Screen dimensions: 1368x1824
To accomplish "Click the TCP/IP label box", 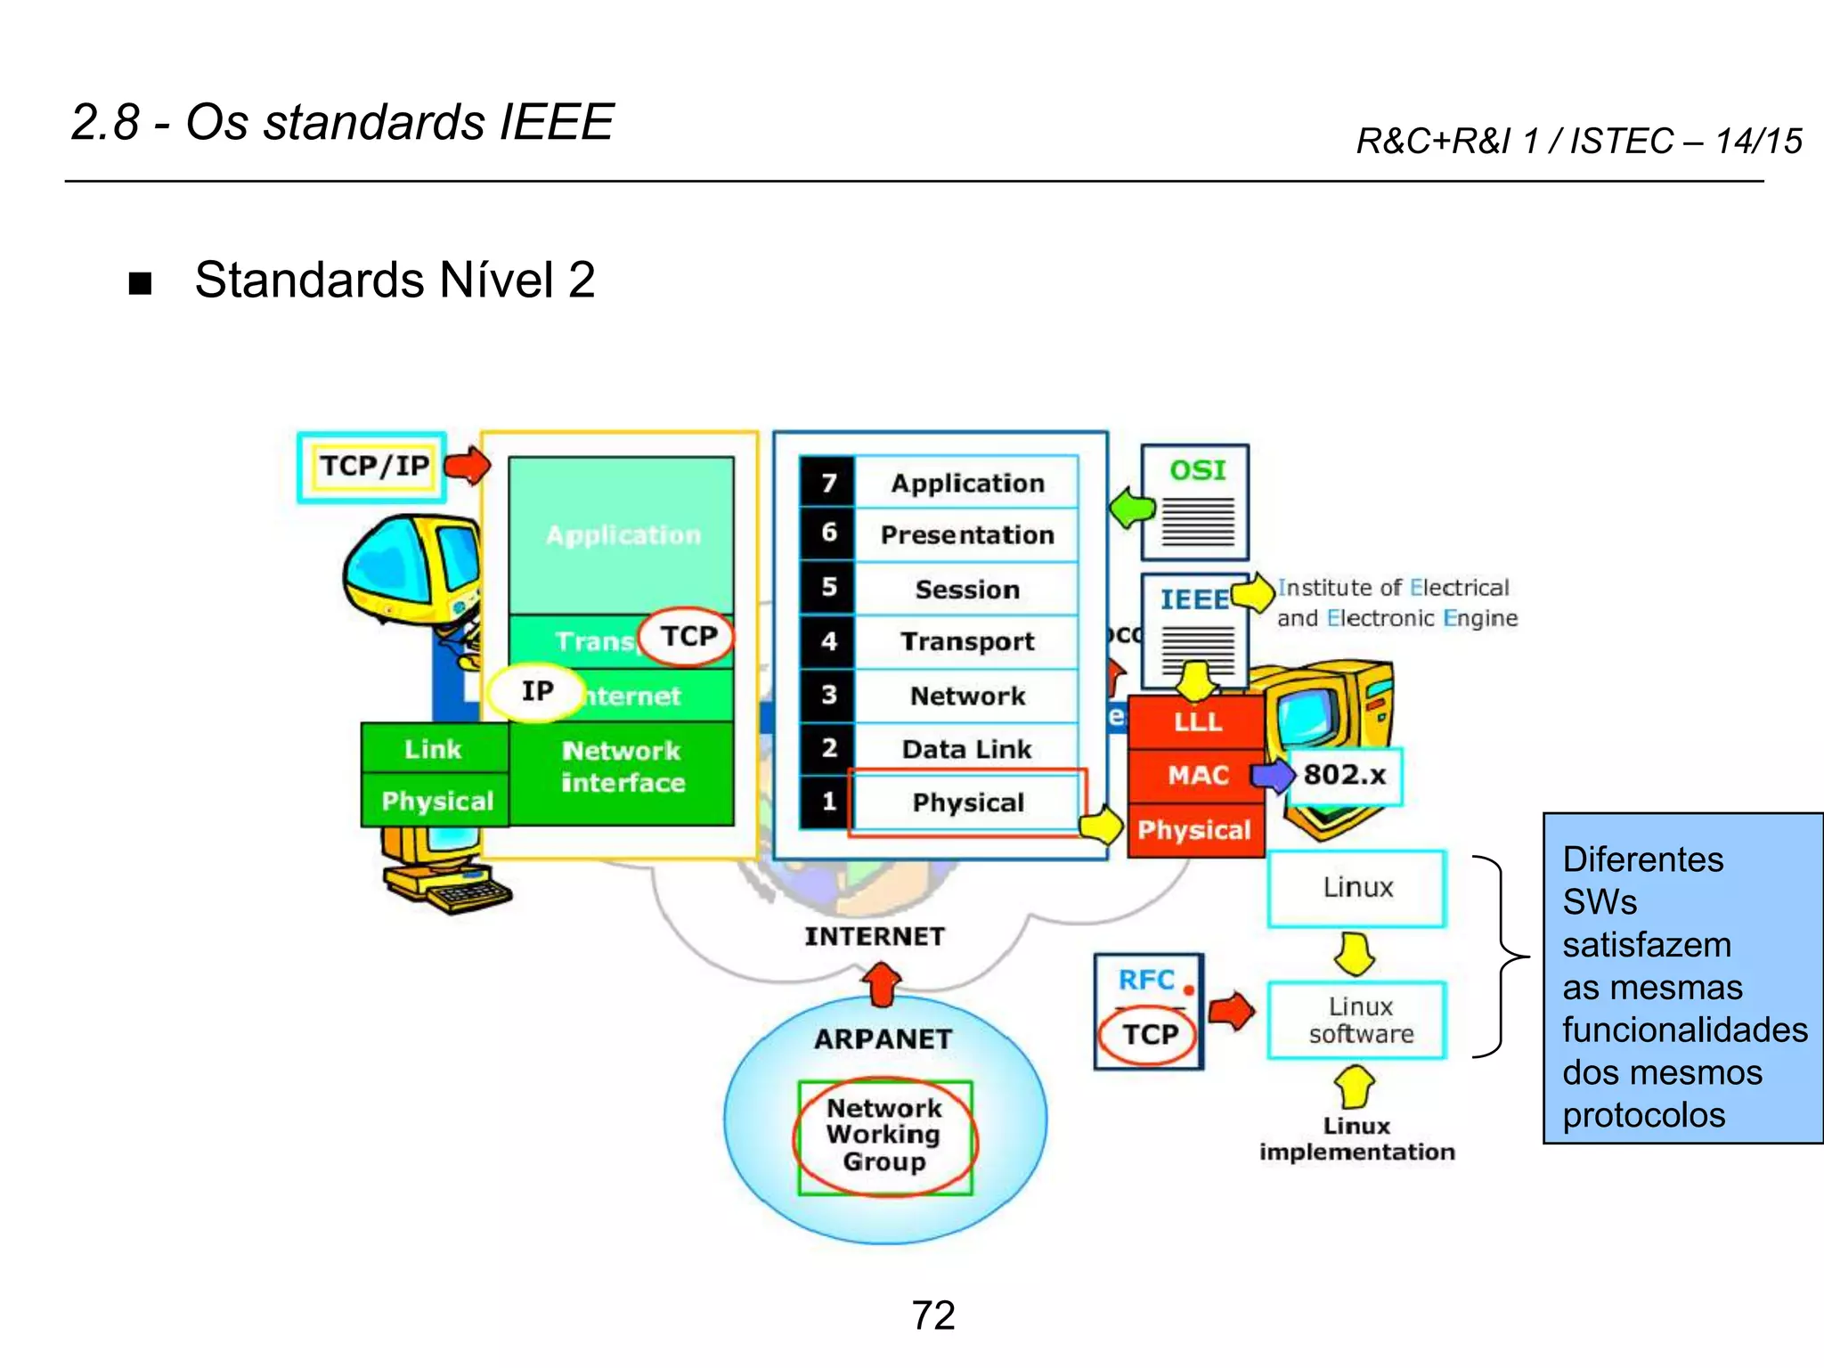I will (372, 467).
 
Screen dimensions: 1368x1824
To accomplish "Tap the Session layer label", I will (967, 590).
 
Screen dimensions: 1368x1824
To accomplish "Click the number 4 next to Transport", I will (828, 641).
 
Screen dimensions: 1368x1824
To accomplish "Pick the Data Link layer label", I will (966, 749).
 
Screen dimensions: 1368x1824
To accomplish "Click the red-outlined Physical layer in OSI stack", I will (968, 802).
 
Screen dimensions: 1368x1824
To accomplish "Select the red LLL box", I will (1196, 721).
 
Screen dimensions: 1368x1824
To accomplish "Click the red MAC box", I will (1196, 775).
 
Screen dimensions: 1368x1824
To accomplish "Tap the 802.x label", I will (1344, 776).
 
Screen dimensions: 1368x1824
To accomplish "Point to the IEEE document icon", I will (1194, 628).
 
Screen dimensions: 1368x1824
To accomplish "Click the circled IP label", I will (537, 691).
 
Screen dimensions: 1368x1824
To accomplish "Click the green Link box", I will (434, 748).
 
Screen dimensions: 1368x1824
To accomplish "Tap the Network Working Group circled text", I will (884, 1136).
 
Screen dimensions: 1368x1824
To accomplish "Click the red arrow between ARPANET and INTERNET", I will (882, 984).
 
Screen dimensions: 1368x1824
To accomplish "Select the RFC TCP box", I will (1148, 1012).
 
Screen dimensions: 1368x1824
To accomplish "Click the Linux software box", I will (1357, 1021).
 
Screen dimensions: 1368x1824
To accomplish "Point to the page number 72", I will (932, 1315).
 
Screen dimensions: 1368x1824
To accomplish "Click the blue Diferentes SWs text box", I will (1682, 978).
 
